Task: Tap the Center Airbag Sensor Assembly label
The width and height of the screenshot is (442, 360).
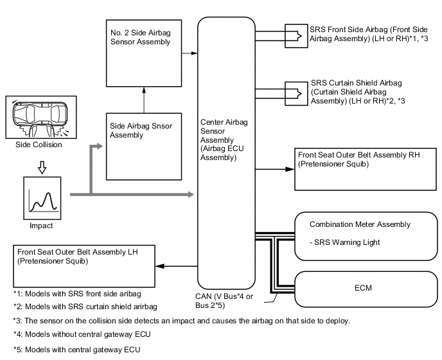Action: click(x=224, y=140)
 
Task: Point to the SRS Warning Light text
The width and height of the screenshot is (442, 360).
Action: click(x=344, y=242)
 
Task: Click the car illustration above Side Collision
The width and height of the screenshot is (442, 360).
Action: click(x=41, y=117)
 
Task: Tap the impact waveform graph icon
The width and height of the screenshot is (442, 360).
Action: click(x=42, y=198)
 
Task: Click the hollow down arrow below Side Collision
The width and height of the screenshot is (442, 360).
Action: click(x=42, y=167)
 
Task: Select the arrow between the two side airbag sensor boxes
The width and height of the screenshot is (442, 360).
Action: click(x=144, y=100)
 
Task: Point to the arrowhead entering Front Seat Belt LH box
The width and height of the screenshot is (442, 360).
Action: click(x=159, y=266)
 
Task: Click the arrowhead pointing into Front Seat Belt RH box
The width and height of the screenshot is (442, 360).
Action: click(x=290, y=169)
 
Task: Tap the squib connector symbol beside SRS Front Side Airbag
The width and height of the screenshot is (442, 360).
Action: click(x=296, y=36)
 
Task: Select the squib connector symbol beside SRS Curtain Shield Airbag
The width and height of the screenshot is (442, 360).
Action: click(x=296, y=94)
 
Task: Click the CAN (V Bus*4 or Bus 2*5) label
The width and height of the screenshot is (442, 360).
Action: click(x=224, y=301)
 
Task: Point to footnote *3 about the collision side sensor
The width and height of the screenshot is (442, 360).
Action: click(x=182, y=321)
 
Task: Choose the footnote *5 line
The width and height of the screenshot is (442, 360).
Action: click(x=76, y=350)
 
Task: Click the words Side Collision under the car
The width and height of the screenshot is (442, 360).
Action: click(x=39, y=145)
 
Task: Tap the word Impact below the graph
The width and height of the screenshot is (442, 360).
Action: click(x=41, y=226)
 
